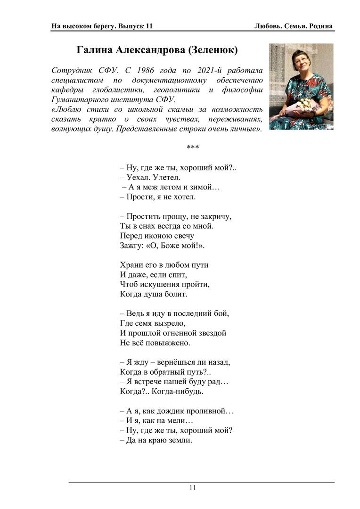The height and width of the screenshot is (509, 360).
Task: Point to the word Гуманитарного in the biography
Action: point(78,99)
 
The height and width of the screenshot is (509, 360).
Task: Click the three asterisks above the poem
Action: point(193,148)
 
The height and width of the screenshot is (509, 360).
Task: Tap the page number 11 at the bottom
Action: point(193,488)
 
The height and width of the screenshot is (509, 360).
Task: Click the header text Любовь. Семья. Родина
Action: point(294,26)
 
